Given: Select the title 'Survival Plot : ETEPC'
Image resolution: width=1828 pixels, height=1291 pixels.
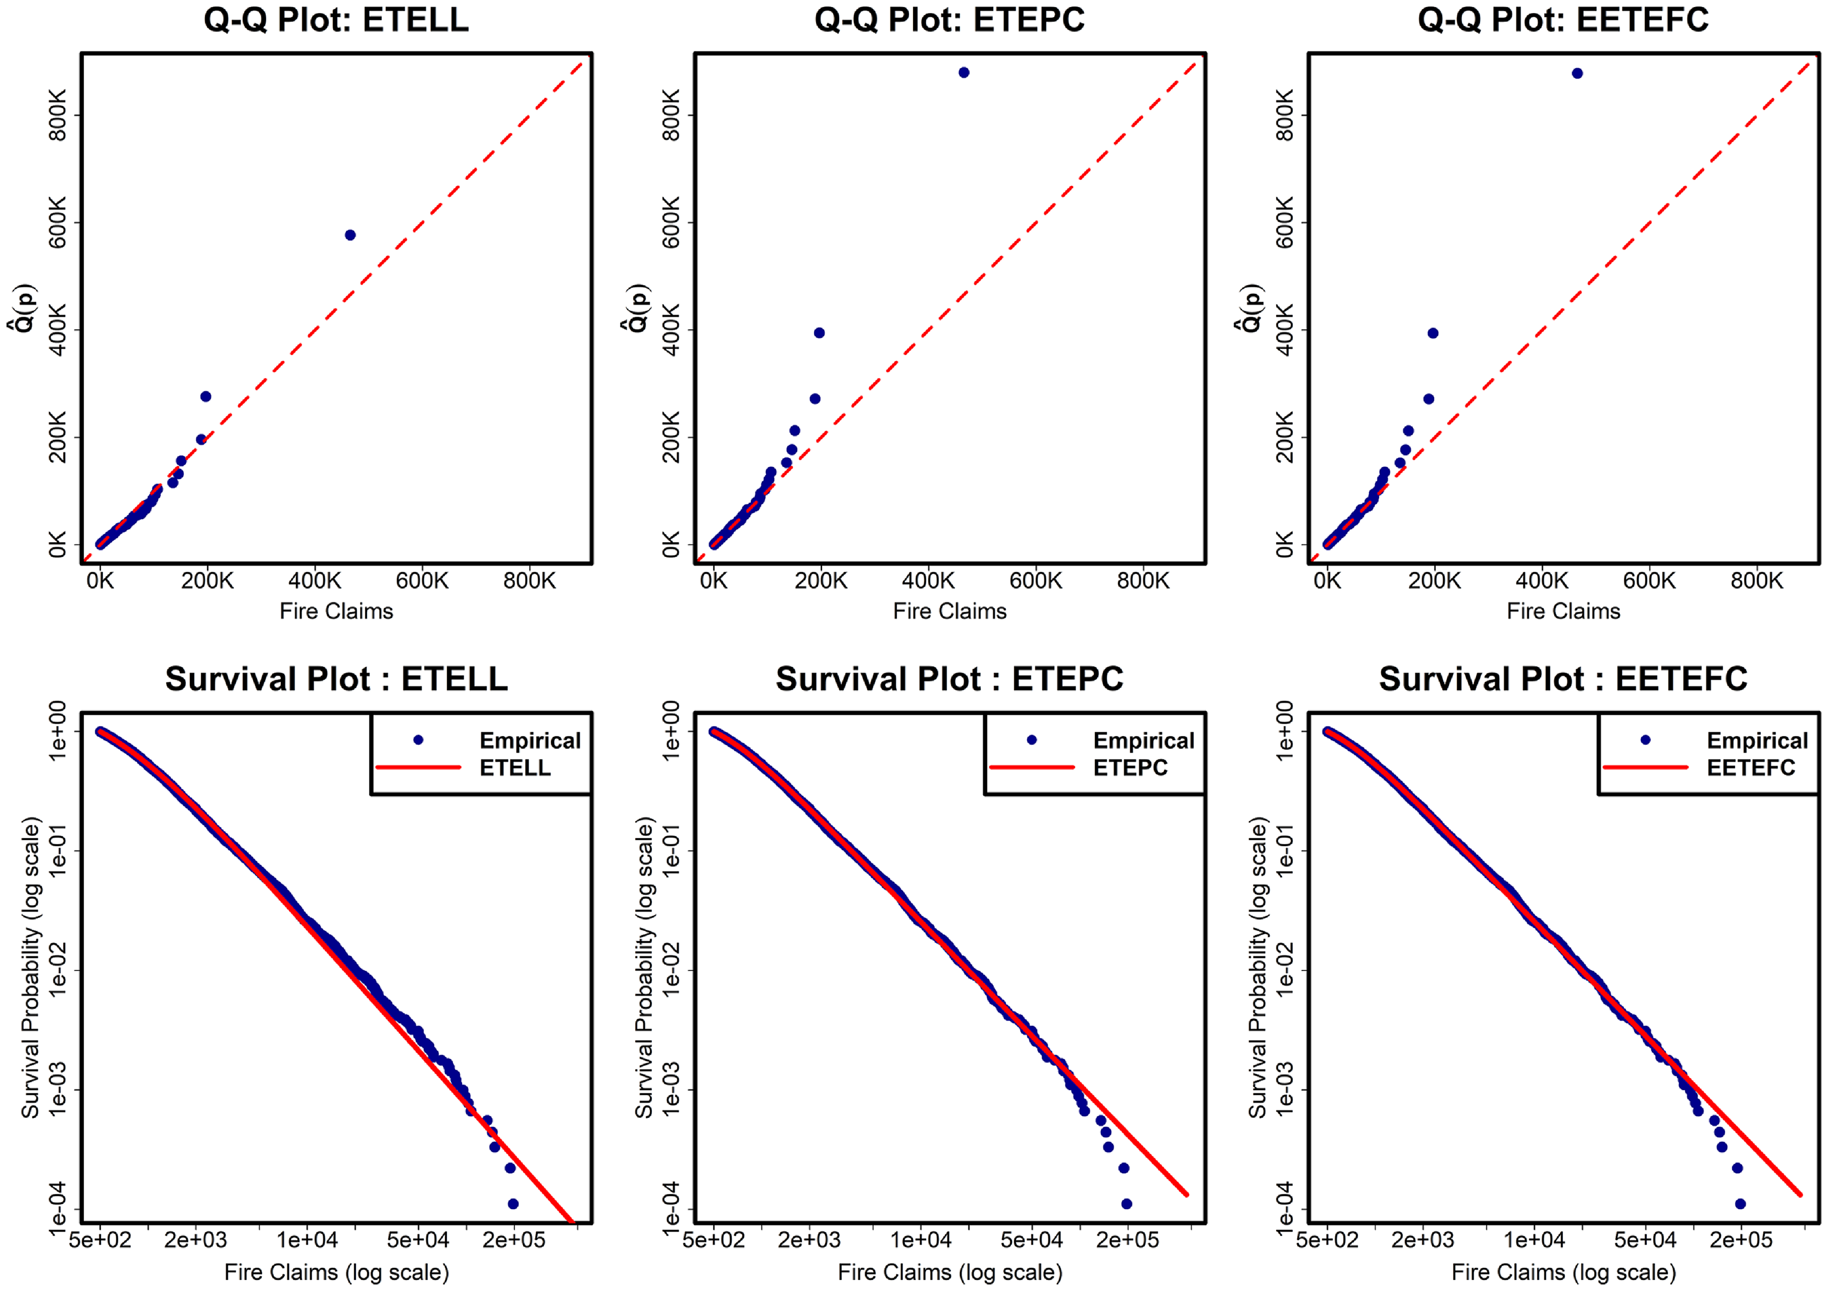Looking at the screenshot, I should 949,679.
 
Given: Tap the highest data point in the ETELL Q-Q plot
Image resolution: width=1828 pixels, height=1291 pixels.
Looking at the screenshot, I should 350,235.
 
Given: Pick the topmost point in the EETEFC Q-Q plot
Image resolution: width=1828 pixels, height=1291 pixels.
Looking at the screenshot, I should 1577,73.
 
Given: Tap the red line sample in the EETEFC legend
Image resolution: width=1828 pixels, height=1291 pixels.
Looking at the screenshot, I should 1645,767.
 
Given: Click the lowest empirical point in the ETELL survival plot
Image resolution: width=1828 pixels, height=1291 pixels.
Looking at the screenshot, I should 513,1203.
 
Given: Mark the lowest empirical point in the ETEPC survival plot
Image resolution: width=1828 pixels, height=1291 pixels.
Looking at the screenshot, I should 1127,1203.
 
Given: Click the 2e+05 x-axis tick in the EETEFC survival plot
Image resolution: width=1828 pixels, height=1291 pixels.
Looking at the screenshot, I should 1741,1239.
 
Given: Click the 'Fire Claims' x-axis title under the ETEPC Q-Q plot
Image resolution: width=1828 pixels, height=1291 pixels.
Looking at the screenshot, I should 949,611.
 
